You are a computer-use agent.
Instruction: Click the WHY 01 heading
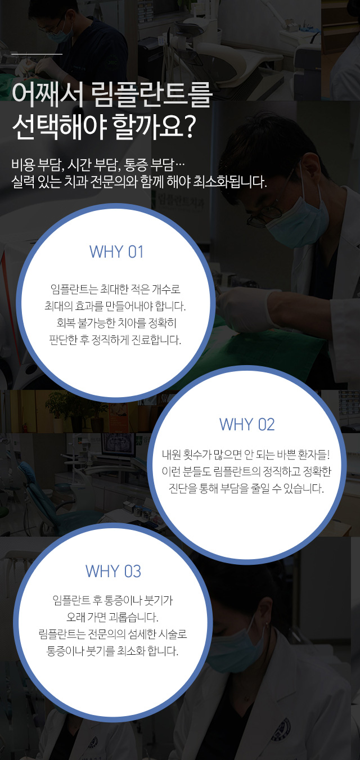tap(116, 252)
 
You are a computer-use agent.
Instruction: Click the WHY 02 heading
tap(247, 425)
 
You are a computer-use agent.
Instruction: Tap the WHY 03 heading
tap(113, 571)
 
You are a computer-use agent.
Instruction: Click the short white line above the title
tap(37, 54)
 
